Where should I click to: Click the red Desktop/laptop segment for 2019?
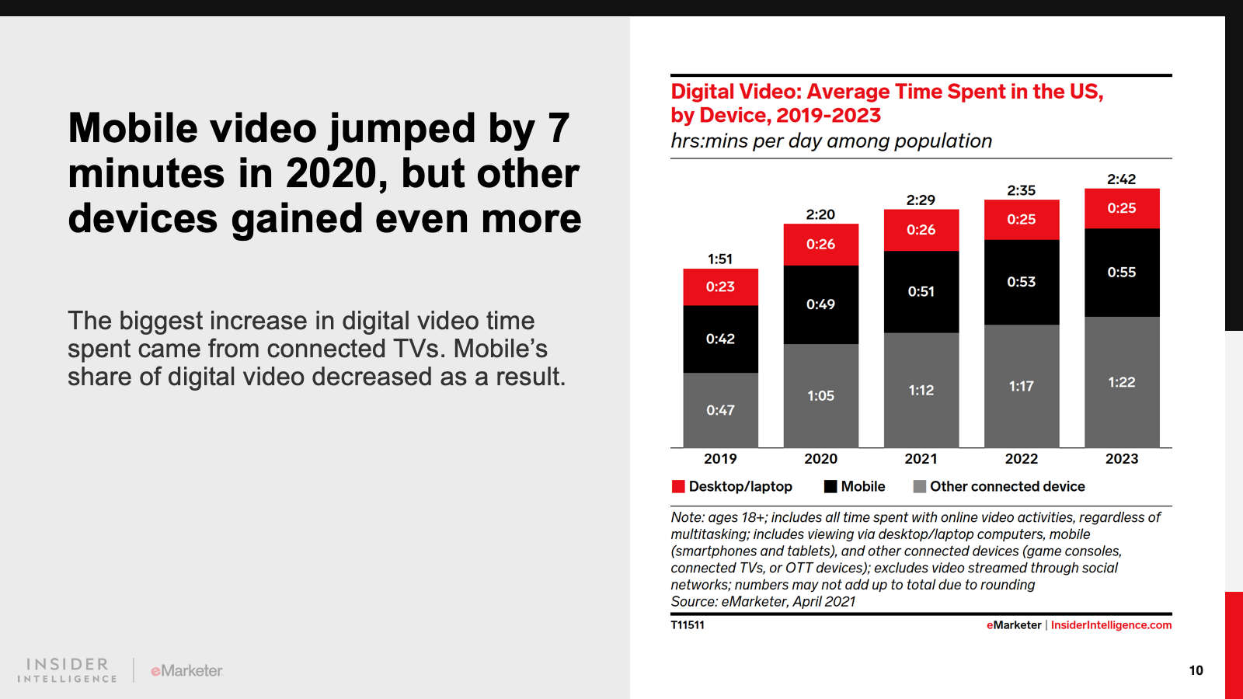tap(720, 287)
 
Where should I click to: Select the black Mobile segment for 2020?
tap(820, 304)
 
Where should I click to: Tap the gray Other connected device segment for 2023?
tap(1121, 382)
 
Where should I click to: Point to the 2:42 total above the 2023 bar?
tap(1121, 179)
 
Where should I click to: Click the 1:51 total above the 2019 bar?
tap(720, 259)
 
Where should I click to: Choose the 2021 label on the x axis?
tap(921, 459)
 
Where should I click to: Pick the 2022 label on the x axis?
tap(1021, 459)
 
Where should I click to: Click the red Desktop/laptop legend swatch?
tap(678, 486)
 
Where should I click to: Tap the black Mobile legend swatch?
tap(830, 486)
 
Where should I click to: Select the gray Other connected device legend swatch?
tap(920, 486)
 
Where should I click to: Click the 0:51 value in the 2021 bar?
tap(921, 291)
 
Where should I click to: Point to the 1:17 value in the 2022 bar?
tap(1021, 386)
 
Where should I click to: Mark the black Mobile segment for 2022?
tap(1021, 282)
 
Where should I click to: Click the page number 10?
tap(1196, 670)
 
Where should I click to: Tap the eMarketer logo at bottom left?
tap(187, 670)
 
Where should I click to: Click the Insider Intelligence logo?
tap(68, 670)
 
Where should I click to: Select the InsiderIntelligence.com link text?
tap(1111, 625)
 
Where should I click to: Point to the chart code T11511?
tap(688, 625)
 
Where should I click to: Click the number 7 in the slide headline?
tap(558, 128)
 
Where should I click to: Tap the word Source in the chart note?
tap(693, 602)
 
